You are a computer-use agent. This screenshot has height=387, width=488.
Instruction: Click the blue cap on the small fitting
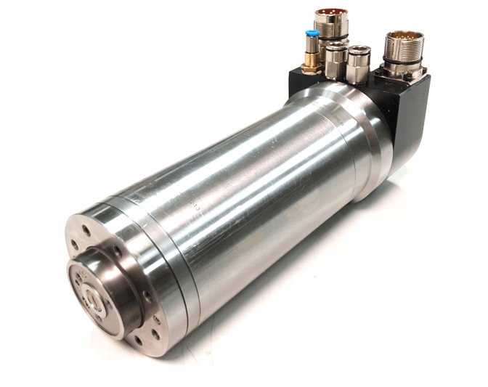312,34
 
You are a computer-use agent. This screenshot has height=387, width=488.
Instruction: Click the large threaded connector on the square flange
400,51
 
